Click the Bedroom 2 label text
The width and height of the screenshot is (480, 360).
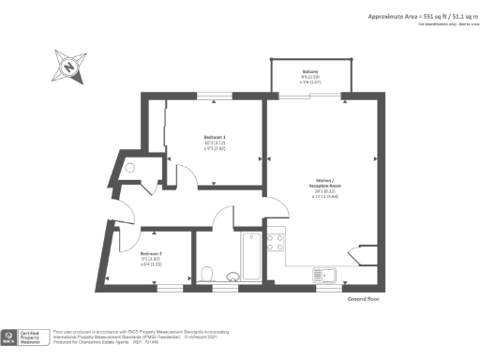tap(152, 254)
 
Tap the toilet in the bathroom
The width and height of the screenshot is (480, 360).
tap(208, 274)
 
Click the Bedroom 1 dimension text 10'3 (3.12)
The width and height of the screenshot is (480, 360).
tap(215, 142)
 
